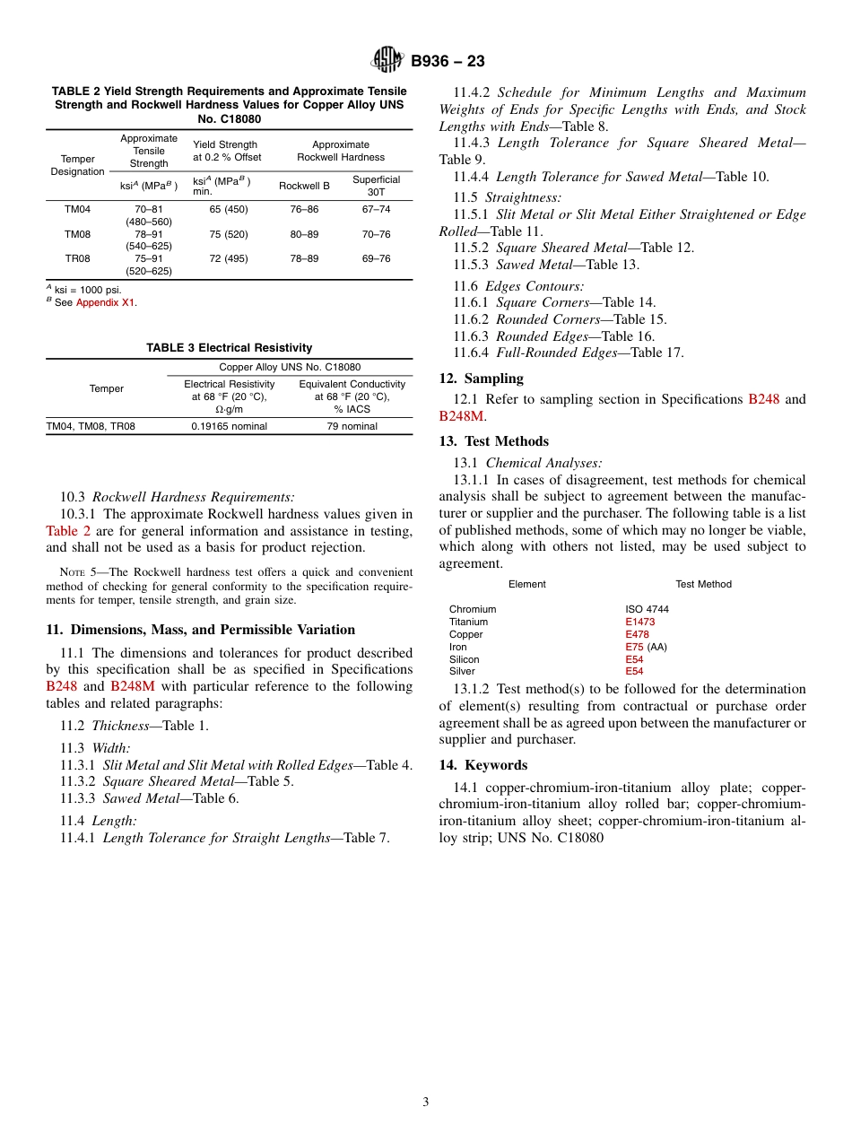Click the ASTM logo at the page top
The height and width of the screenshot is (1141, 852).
pos(387,60)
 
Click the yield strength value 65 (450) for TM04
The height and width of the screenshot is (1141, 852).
pos(229,209)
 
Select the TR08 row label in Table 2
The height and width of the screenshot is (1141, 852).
pos(76,258)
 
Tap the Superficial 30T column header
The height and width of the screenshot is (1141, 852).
pos(376,186)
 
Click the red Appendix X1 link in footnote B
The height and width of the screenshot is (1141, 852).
pos(106,302)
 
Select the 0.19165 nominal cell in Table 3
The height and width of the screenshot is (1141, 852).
pos(229,426)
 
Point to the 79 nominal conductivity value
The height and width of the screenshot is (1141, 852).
pos(352,426)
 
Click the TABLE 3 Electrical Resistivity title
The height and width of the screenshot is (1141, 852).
pos(230,348)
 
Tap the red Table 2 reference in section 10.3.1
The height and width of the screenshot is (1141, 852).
pos(68,531)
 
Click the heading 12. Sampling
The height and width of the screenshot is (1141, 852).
pos(481,379)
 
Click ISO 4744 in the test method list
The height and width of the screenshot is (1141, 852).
pos(647,609)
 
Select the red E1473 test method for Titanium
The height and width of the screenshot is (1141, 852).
pos(639,622)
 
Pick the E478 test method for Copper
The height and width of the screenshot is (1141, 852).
pos(637,634)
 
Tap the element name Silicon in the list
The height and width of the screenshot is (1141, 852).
pos(464,659)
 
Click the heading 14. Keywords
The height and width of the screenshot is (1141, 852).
pos(483,765)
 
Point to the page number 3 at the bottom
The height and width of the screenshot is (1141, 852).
pos(425,1102)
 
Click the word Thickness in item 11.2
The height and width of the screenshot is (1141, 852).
pos(119,726)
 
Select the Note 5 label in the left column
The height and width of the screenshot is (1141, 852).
pos(76,572)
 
